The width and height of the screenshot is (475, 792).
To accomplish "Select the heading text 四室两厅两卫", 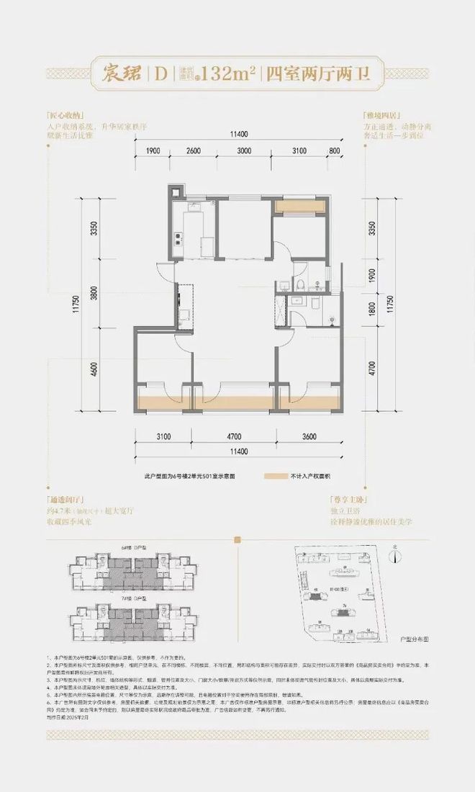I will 316,73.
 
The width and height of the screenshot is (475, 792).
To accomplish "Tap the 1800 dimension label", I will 373,309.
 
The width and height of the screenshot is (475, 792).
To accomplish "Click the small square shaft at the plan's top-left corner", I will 175,191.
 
